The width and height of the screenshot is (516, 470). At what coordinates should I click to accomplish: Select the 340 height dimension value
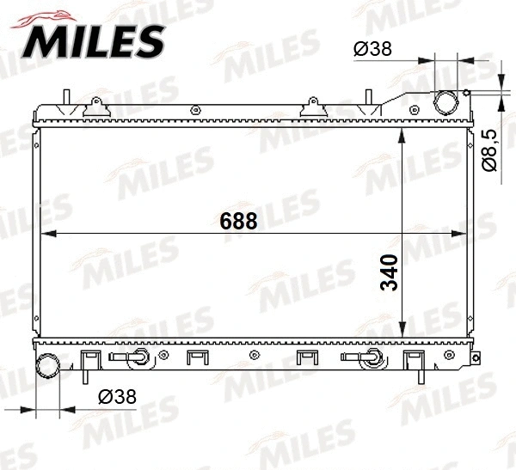point(389,272)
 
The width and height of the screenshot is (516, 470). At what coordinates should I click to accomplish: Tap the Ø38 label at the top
point(372,49)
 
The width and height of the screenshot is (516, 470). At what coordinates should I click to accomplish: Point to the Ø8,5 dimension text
point(488,150)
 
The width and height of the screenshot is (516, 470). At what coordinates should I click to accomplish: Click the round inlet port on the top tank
point(447,102)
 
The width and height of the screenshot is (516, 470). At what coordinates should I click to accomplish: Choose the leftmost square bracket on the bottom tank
point(89,360)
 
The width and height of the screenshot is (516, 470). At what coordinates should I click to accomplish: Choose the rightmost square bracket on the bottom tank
point(414,360)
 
